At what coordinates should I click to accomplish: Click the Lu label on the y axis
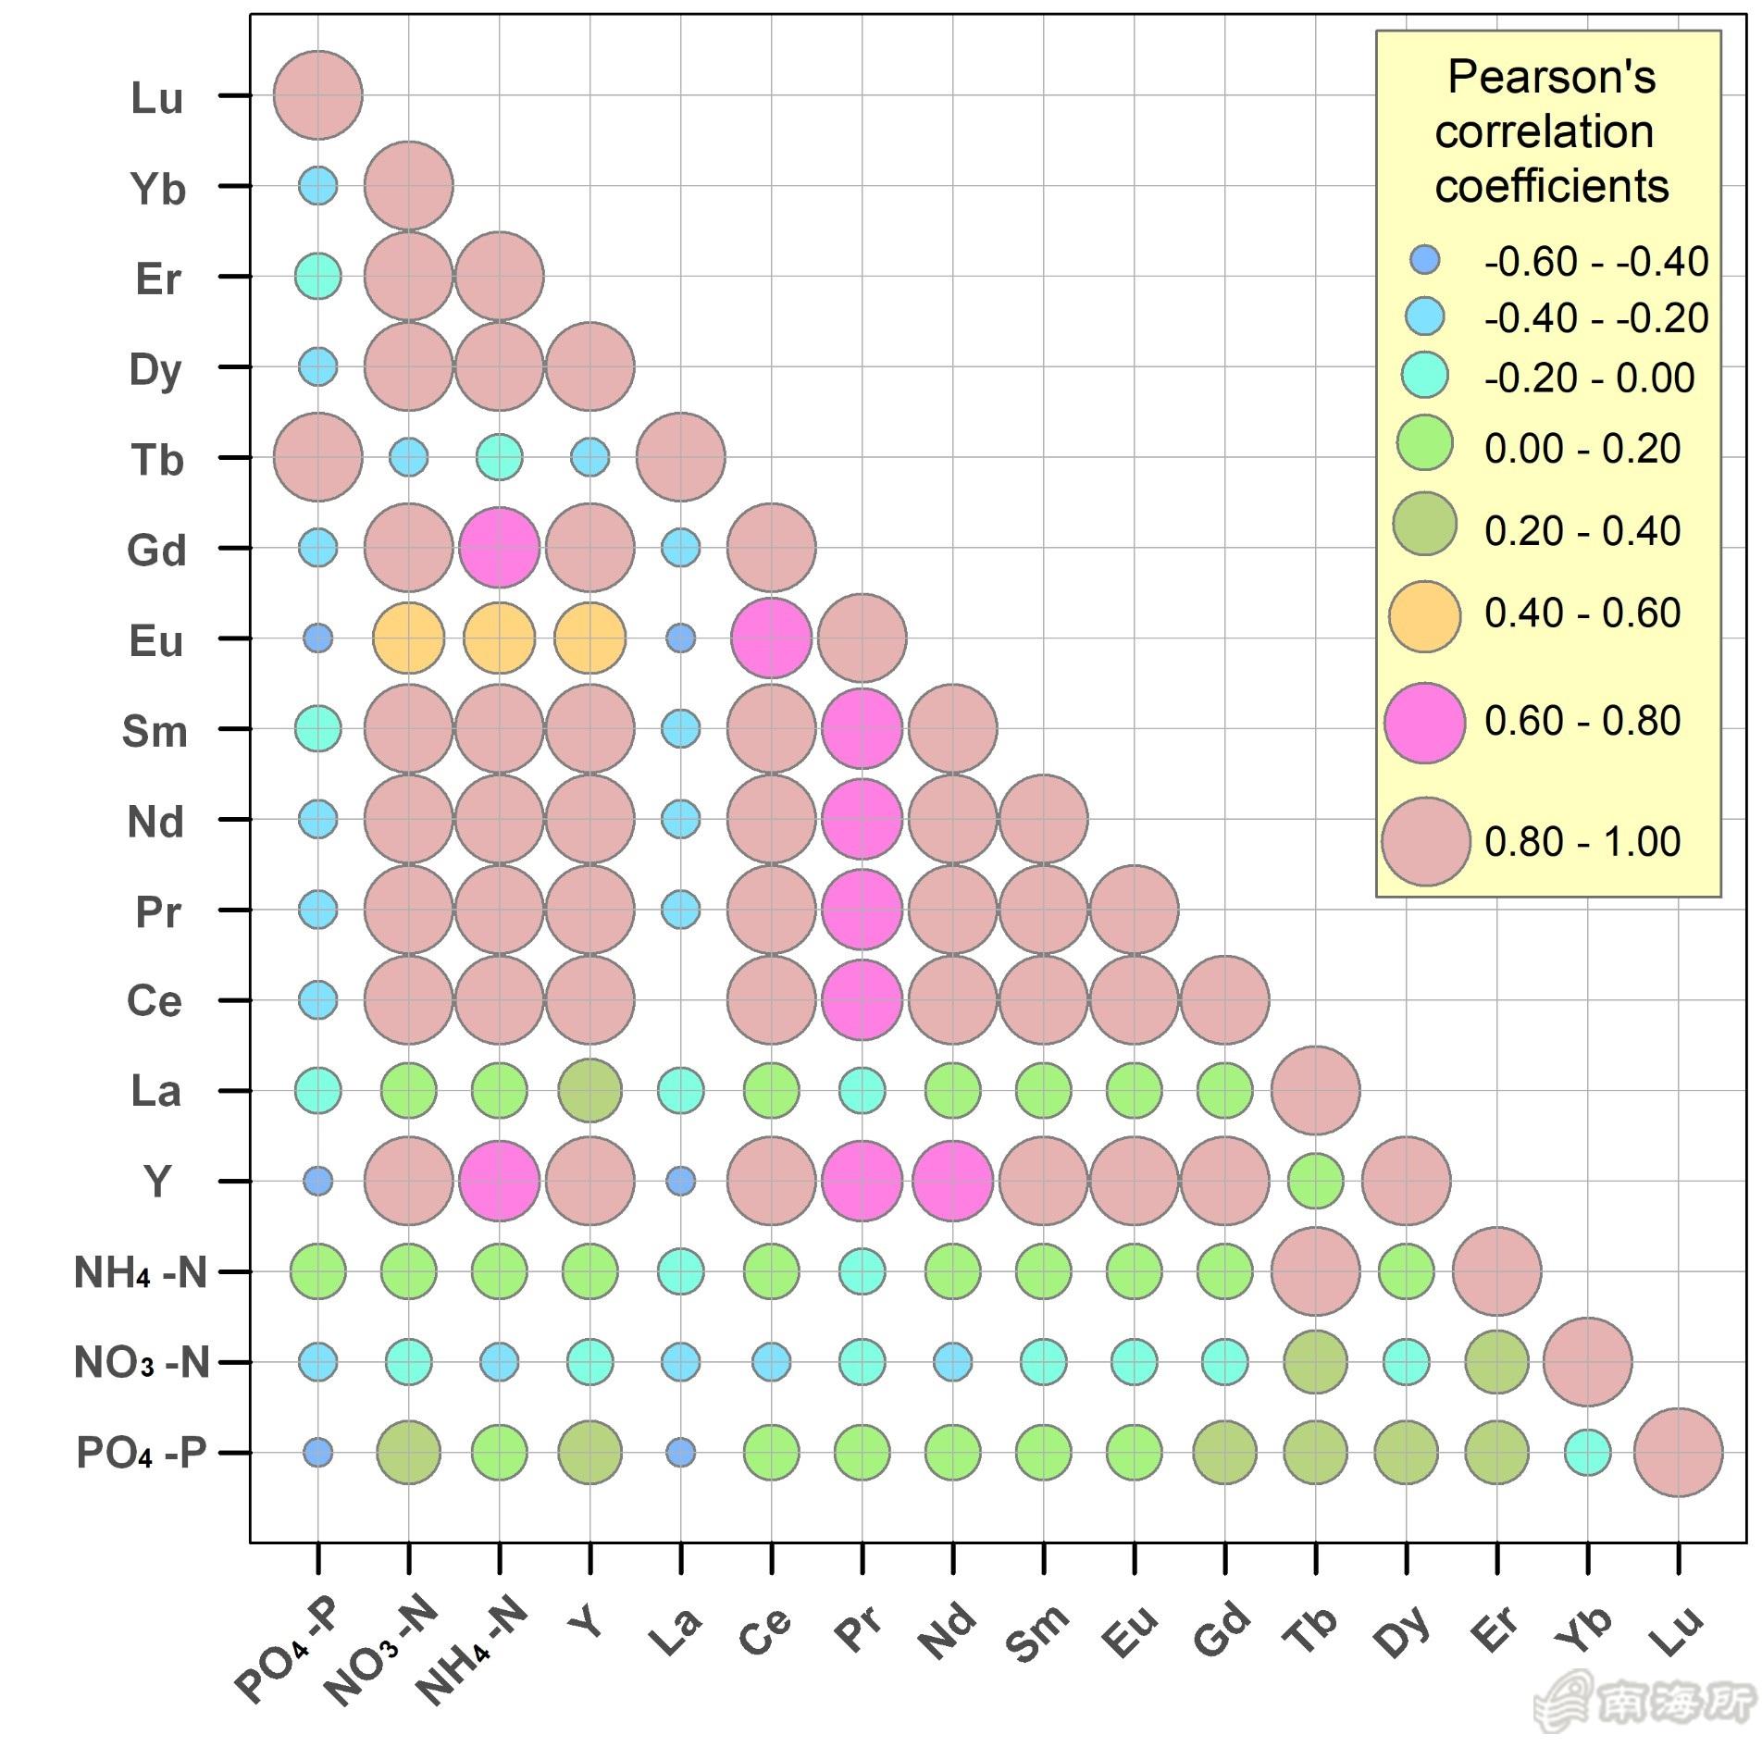pyautogui.click(x=156, y=98)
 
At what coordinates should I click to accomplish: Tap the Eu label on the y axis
pyautogui.click(x=156, y=641)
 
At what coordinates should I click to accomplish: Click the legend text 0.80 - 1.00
pyautogui.click(x=1582, y=842)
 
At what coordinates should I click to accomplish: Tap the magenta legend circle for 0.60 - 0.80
pyautogui.click(x=1424, y=723)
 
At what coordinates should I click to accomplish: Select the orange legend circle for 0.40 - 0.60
pyautogui.click(x=1424, y=615)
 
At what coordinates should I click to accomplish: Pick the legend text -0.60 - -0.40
pyautogui.click(x=1595, y=262)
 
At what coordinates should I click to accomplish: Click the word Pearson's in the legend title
pyautogui.click(x=1551, y=77)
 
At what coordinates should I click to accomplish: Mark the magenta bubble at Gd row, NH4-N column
pyautogui.click(x=500, y=548)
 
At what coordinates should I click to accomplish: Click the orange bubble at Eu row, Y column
pyautogui.click(x=590, y=638)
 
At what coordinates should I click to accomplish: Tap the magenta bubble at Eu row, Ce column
pyautogui.click(x=771, y=638)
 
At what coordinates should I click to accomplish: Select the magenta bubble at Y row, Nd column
pyautogui.click(x=952, y=1181)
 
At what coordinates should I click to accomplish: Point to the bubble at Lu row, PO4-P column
pyautogui.click(x=318, y=95)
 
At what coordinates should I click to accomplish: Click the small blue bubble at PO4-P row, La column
pyautogui.click(x=680, y=1452)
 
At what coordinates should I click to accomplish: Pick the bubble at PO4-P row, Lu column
pyautogui.click(x=1678, y=1452)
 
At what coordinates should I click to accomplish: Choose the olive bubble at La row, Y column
pyautogui.click(x=590, y=1091)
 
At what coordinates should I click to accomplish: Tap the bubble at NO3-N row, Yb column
pyautogui.click(x=1587, y=1362)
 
